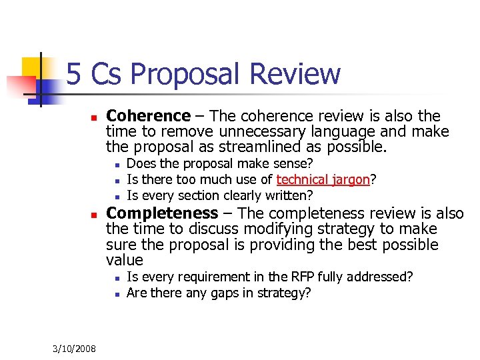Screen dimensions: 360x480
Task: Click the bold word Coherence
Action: click(x=148, y=117)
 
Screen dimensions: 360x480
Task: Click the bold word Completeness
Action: click(x=162, y=213)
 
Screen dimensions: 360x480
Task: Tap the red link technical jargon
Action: click(x=323, y=179)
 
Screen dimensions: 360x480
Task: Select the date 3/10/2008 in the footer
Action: click(x=74, y=349)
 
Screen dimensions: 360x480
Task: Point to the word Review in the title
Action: click(x=295, y=75)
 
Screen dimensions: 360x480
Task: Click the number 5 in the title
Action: click(x=74, y=75)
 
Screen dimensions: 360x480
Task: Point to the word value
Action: click(x=125, y=260)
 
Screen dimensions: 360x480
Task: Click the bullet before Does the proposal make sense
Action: click(x=116, y=164)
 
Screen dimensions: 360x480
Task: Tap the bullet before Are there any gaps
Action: click(x=116, y=293)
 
